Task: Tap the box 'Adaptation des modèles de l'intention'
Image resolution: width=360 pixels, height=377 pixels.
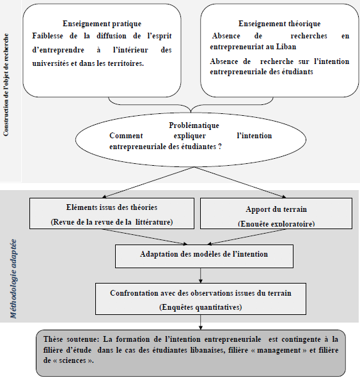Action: click(204, 254)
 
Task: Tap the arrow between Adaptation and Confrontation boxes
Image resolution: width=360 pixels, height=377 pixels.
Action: click(201, 274)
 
